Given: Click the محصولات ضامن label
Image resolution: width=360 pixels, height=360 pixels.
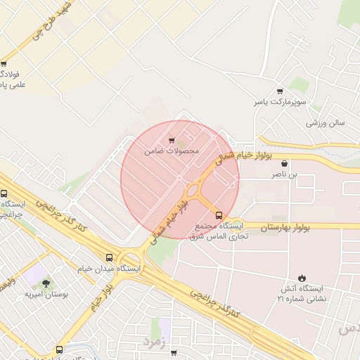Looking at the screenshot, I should coord(172,151).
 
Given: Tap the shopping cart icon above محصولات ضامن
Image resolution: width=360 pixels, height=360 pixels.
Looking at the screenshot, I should coord(172,141).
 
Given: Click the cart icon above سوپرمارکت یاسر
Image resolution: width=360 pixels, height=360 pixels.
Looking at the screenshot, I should coord(281,91).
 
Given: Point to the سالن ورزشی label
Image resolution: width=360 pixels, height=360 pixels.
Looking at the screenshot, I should coord(325,122).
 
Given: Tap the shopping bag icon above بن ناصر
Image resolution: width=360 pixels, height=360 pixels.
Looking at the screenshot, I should coord(283,162).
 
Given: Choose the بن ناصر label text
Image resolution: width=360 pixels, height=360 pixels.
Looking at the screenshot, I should coord(283,172).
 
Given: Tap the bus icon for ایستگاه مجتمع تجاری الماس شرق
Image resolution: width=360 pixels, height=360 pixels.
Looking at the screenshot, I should coord(218,214).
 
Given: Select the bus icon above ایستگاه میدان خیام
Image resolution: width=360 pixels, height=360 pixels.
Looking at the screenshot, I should coord(108,257).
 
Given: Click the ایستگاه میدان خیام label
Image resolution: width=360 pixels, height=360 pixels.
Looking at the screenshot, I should coord(108,269).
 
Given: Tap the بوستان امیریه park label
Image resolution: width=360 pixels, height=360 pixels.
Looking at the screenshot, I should coord(46,295).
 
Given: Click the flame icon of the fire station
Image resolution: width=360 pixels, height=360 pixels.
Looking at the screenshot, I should coord(302,278).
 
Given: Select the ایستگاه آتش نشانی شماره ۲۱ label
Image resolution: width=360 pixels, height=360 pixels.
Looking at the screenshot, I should coord(301,295).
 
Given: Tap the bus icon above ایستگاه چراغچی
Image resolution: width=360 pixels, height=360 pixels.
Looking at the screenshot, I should coord(4,194).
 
